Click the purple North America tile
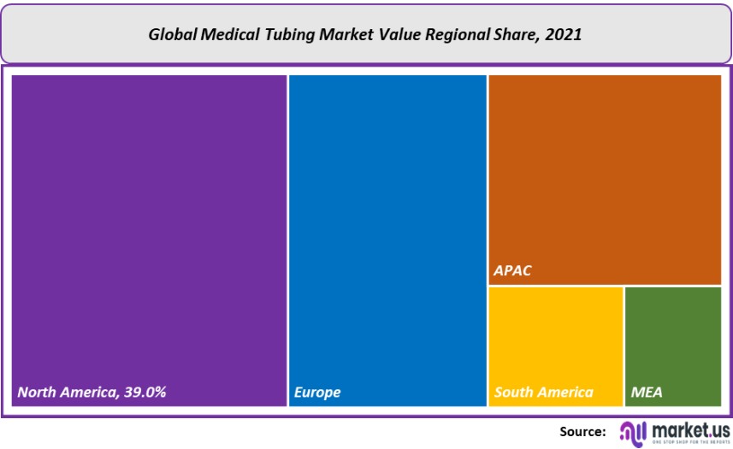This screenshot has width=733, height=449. click(149, 231)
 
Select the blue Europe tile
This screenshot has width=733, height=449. click(387, 231)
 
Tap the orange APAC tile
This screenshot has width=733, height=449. click(604, 171)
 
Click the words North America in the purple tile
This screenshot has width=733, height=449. click(65, 393)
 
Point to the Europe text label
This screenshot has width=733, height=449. click(317, 393)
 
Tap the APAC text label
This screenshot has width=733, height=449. click(512, 271)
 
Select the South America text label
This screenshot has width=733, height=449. click(543, 393)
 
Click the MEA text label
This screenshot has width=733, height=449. click(647, 393)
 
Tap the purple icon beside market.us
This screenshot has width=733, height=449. click(632, 432)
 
